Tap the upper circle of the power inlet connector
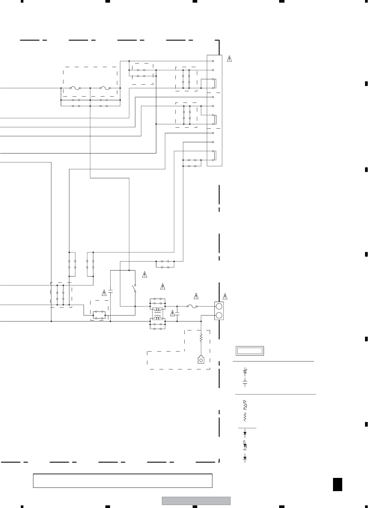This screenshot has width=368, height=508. click(219, 306)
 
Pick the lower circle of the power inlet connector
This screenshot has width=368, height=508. click(219, 315)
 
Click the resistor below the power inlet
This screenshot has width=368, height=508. click(201, 338)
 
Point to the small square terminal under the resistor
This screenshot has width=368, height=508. click(201, 360)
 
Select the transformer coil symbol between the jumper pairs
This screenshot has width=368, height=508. click(158, 312)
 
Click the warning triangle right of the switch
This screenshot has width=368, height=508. click(144, 274)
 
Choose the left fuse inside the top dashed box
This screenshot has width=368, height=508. click(76, 88)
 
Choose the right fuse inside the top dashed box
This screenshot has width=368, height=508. click(105, 88)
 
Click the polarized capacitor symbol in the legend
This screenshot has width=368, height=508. click(245, 371)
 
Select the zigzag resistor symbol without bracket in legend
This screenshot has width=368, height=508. click(245, 418)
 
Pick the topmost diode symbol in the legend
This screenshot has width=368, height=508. click(245, 433)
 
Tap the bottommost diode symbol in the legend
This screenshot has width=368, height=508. click(245, 458)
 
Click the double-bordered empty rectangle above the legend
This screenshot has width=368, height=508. click(250, 351)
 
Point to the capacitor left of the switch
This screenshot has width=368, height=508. click(110, 292)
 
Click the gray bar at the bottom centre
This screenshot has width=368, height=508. click(196, 501)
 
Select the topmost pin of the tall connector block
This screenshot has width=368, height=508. click(213, 61)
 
